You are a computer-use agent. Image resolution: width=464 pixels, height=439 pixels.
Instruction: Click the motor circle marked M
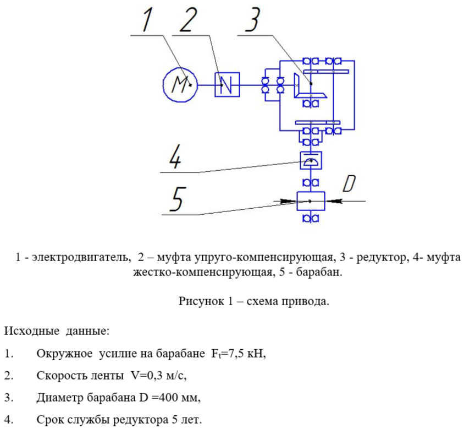(x=180, y=84)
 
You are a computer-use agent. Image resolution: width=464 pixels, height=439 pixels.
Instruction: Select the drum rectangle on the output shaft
(x=311, y=201)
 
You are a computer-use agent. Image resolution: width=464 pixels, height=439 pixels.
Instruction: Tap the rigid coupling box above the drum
(x=311, y=161)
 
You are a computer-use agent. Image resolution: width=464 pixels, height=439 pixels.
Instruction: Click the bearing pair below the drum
(x=311, y=219)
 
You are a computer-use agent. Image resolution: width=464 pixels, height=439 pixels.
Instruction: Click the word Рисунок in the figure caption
(x=200, y=301)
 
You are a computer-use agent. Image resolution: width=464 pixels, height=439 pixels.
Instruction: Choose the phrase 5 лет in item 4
(x=185, y=420)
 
